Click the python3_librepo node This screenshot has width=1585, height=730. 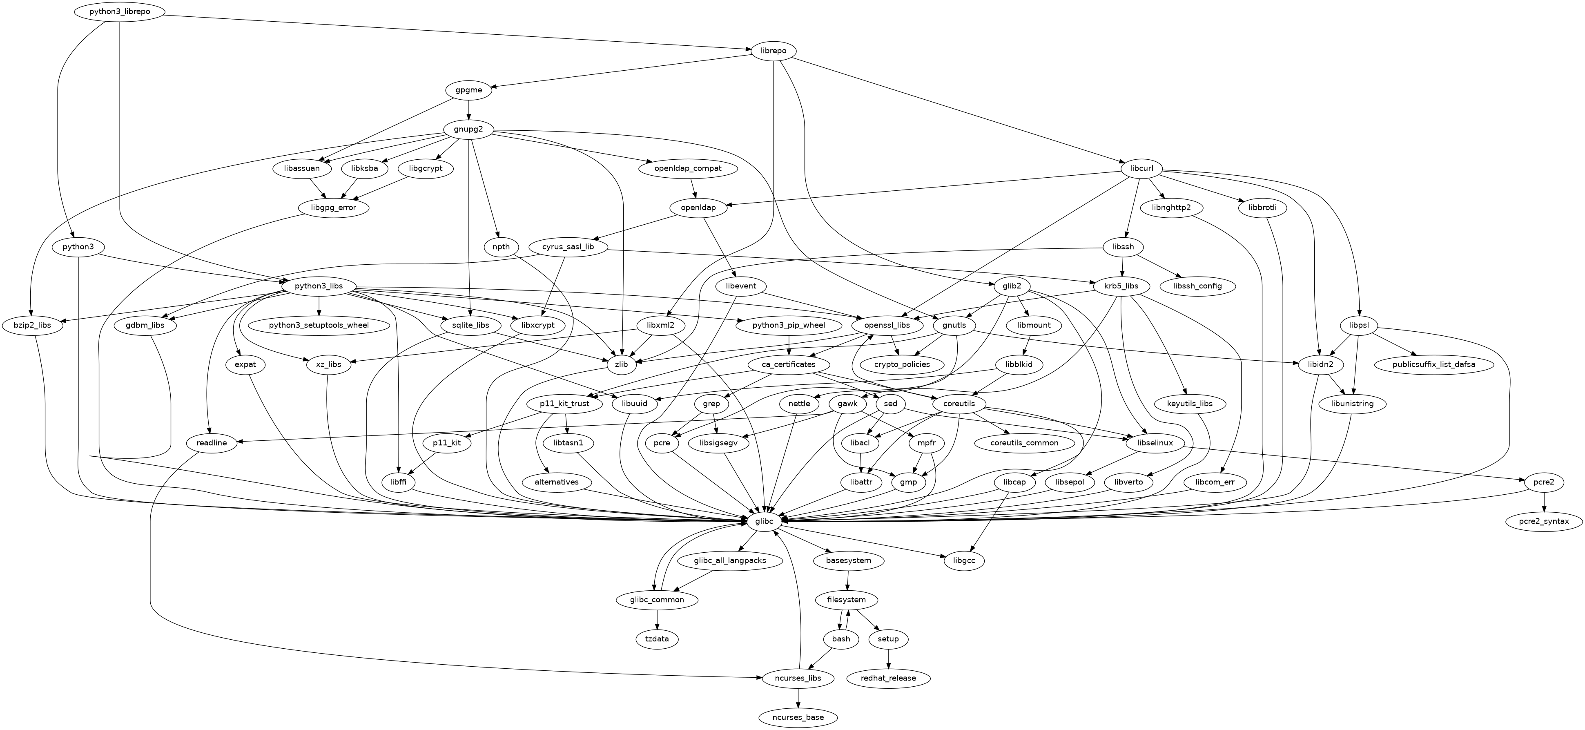click(x=119, y=12)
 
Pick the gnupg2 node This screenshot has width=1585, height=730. click(x=469, y=129)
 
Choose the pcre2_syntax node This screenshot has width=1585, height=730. click(x=1545, y=521)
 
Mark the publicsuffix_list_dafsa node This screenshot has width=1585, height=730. click(x=1433, y=364)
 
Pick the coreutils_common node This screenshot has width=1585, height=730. click(x=1024, y=442)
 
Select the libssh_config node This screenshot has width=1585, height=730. click(x=1197, y=286)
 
